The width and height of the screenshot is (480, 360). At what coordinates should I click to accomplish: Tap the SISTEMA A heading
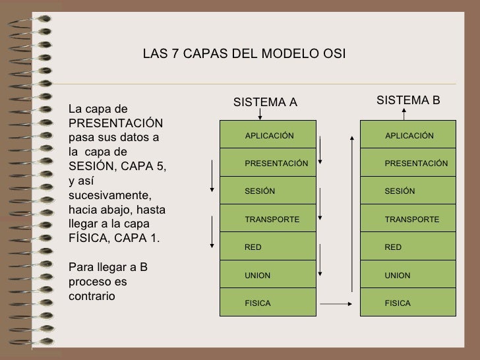tap(266, 102)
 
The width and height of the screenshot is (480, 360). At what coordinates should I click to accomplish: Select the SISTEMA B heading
tap(407, 100)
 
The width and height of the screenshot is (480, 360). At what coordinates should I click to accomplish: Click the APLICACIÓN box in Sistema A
tap(268, 135)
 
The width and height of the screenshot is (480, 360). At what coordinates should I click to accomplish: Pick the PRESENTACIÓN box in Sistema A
tap(268, 163)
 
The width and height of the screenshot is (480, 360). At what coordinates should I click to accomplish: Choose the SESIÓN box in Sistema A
tap(268, 191)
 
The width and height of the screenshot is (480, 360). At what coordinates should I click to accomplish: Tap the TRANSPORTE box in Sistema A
tap(268, 219)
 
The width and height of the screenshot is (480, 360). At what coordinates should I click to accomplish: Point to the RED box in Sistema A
tap(268, 247)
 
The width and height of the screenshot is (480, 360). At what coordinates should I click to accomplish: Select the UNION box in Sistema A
tap(268, 275)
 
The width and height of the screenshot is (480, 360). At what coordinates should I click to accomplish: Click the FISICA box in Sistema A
tap(268, 303)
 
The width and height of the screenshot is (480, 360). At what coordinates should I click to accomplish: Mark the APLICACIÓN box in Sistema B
tap(408, 135)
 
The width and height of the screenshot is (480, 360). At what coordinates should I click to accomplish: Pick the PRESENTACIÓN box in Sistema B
tap(408, 163)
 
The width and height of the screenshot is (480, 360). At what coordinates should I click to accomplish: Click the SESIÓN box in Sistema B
tap(408, 191)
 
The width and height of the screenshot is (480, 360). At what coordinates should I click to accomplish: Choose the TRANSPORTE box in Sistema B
tap(408, 219)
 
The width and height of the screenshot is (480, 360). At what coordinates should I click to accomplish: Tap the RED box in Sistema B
tap(408, 247)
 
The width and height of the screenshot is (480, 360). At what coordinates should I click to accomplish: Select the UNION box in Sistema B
tap(408, 275)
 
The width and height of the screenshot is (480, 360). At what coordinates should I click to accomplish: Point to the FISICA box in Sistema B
tap(408, 303)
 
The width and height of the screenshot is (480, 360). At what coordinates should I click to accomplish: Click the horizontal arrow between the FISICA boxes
tap(338, 304)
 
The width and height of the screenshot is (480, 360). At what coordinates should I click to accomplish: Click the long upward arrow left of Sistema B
tap(352, 211)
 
